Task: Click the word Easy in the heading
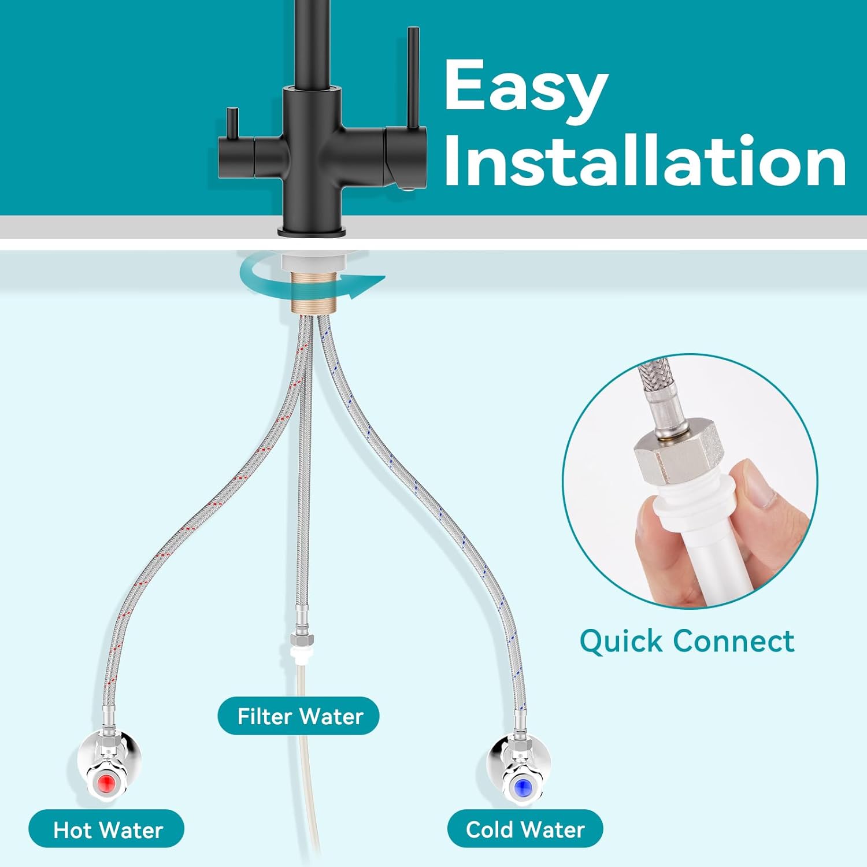526,88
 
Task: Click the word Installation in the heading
645,161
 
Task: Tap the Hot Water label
107,829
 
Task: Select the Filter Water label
299,716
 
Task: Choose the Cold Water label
525,829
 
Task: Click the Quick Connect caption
687,641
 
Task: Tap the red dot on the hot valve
107,784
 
